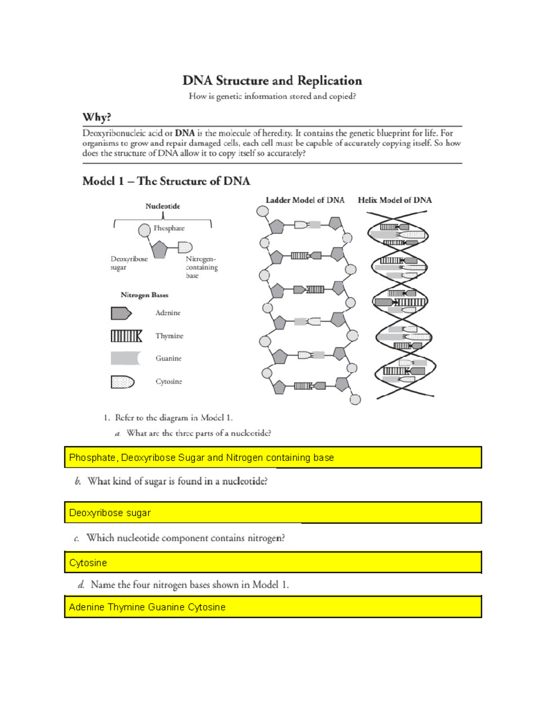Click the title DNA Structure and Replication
272,81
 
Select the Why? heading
97,117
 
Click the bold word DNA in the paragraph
185,133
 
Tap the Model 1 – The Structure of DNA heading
166,181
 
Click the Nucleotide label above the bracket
163,206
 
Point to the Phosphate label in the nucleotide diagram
169,228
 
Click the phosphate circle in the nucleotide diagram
144,230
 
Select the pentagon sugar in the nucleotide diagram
159,250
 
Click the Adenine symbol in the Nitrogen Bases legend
121,313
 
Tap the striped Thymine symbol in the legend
126,336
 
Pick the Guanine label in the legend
168,358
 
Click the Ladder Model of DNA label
305,200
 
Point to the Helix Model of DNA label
395,200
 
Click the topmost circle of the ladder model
263,211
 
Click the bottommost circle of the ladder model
355,400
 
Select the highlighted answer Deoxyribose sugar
110,513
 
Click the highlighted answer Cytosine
88,563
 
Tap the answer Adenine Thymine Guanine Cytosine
147,607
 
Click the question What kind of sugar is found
177,481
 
